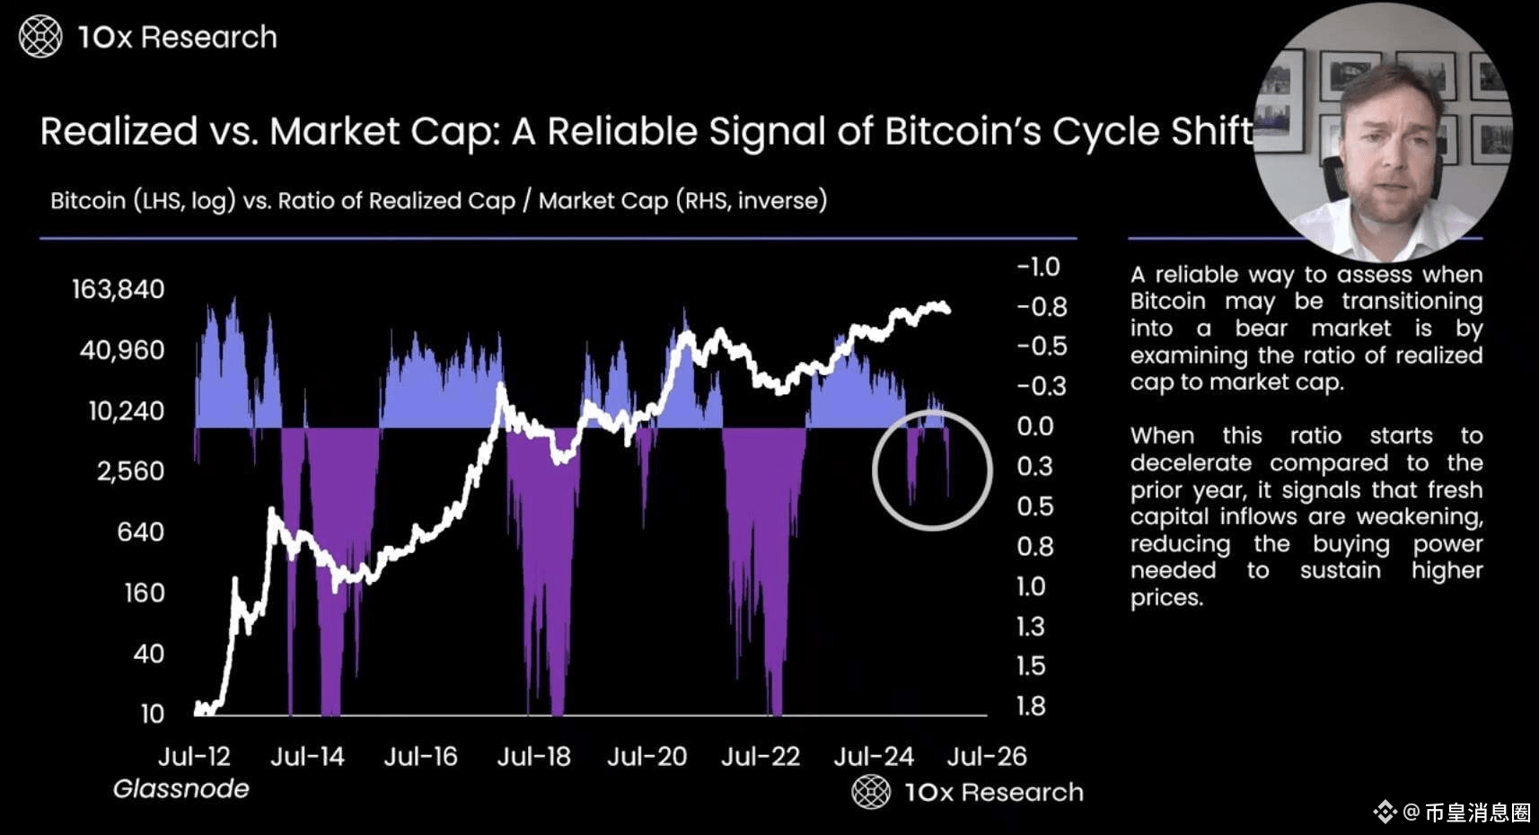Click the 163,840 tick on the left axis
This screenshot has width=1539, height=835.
pyautogui.click(x=118, y=289)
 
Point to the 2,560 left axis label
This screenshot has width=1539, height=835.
pyautogui.click(x=130, y=471)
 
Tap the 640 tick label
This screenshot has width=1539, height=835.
pyautogui.click(x=140, y=532)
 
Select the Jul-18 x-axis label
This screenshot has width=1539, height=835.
pyautogui.click(x=533, y=757)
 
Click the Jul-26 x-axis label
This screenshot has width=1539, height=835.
pyautogui.click(x=986, y=757)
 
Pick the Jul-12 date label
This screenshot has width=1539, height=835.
pyautogui.click(x=194, y=757)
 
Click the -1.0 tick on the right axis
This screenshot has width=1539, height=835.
pyautogui.click(x=1038, y=267)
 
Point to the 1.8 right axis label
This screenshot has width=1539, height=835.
pyautogui.click(x=1031, y=707)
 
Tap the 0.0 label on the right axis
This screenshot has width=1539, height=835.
pyautogui.click(x=1034, y=426)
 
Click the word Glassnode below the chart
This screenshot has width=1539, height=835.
pyautogui.click(x=180, y=789)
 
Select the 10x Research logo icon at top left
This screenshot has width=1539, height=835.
pyautogui.click(x=40, y=37)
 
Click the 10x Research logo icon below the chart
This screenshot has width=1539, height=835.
pyautogui.click(x=870, y=792)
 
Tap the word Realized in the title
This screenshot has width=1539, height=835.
pyautogui.click(x=119, y=132)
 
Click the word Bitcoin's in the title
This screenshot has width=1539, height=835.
pyautogui.click(x=963, y=132)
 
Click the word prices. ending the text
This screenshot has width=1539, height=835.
pyautogui.click(x=1165, y=598)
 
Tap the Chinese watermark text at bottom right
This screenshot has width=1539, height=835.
pyautogui.click(x=1477, y=813)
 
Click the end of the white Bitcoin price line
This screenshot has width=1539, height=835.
pyautogui.click(x=947, y=310)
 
